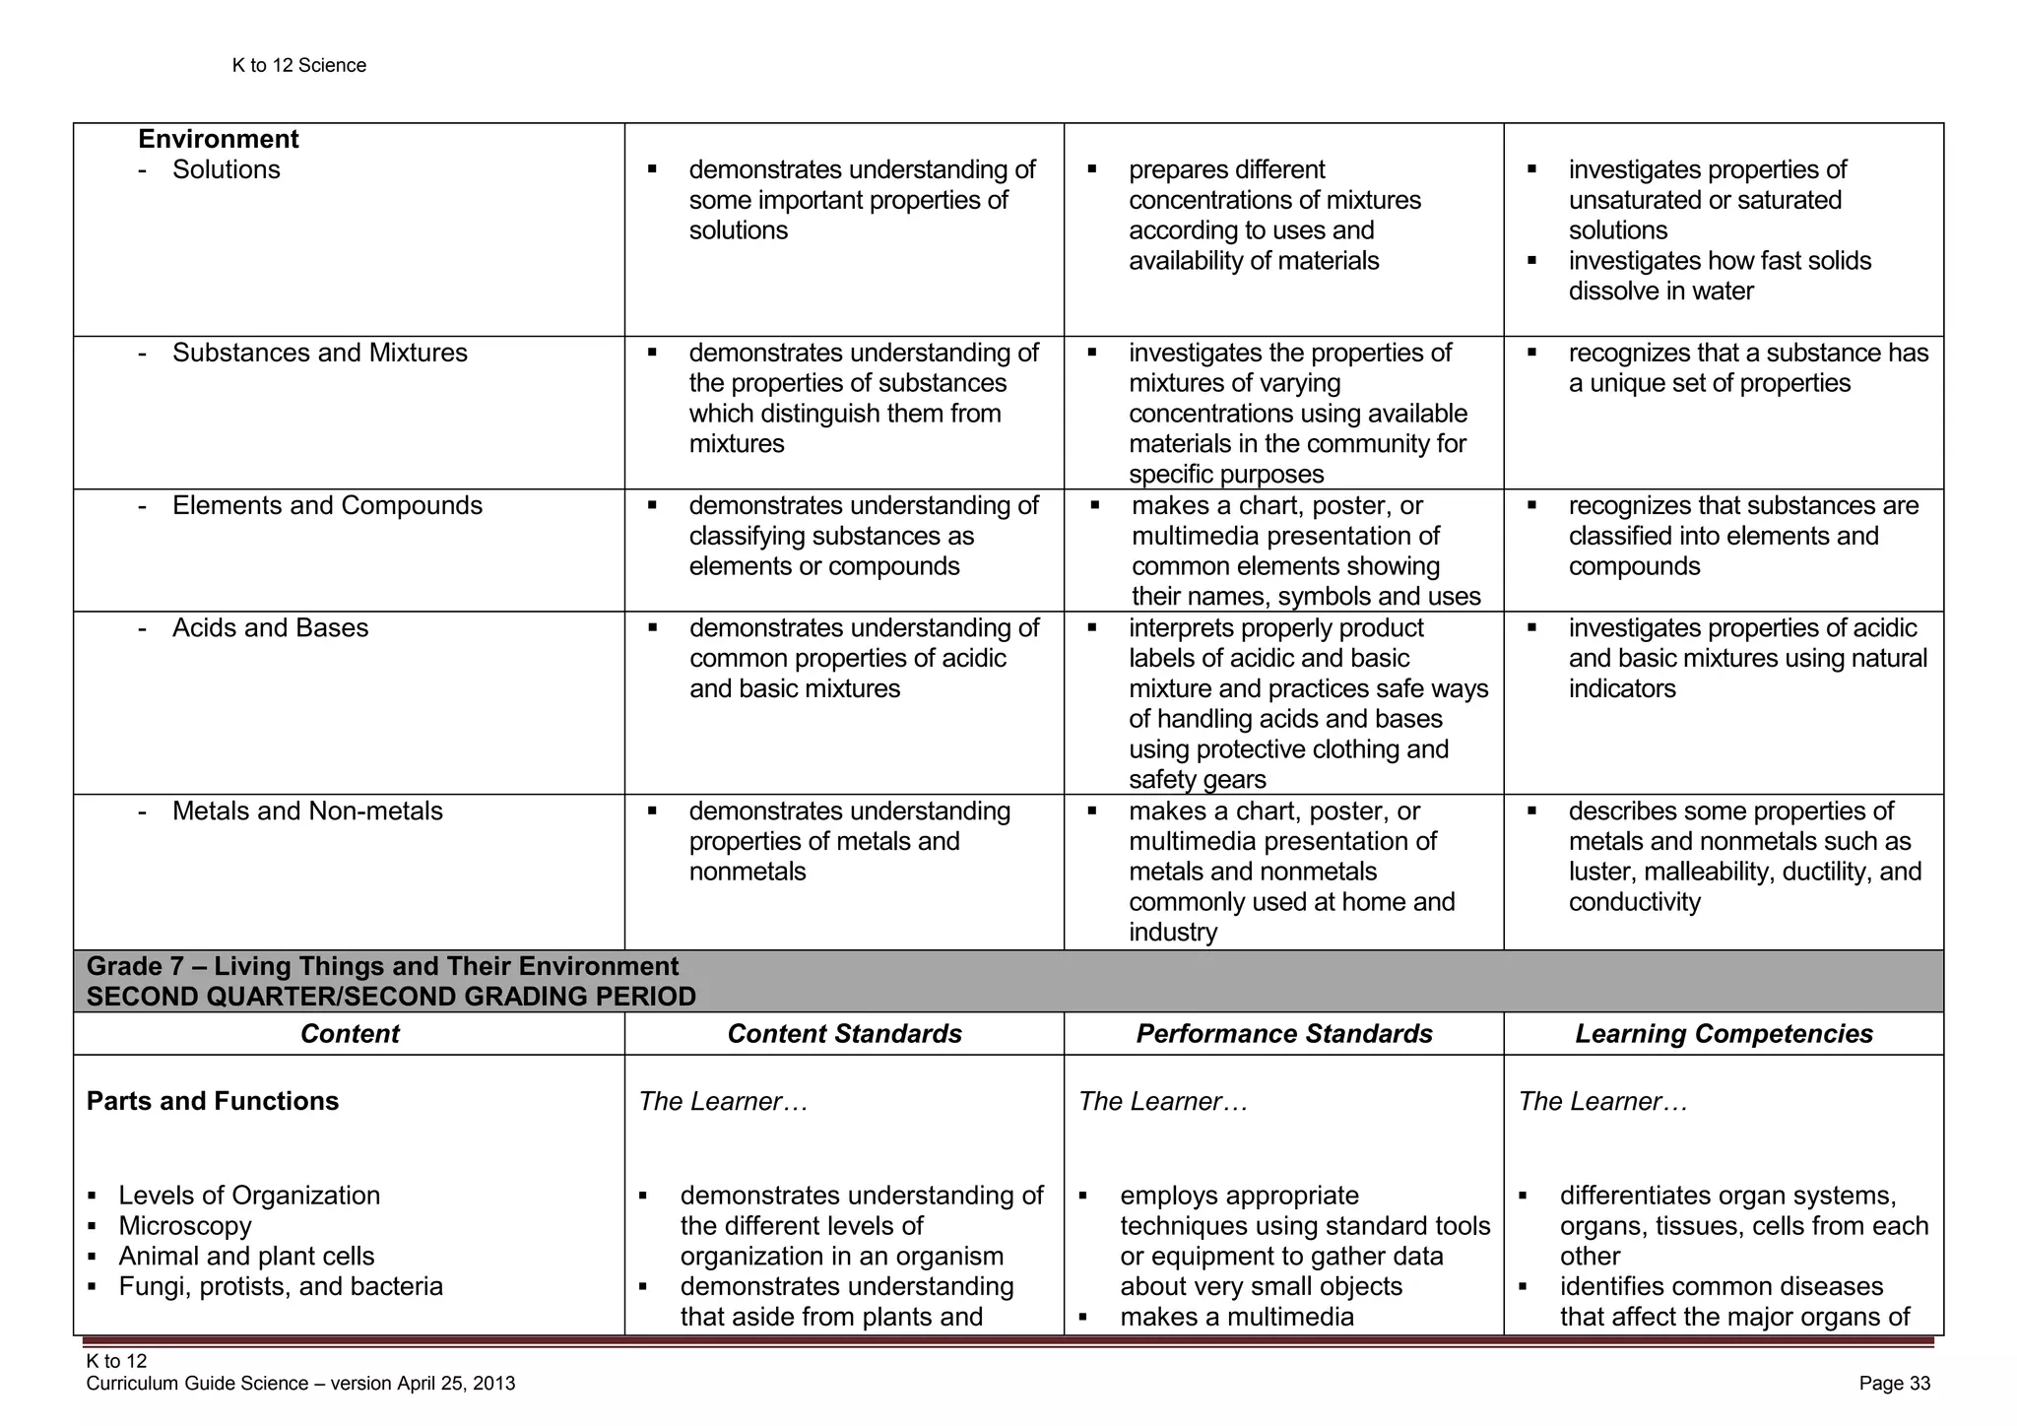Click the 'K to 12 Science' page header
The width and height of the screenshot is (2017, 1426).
click(298, 65)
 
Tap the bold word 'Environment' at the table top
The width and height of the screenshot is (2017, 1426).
click(218, 139)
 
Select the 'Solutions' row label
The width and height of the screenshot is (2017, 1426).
click(226, 169)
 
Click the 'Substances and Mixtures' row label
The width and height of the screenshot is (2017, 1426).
click(319, 353)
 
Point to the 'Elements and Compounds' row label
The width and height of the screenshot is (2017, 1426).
click(327, 505)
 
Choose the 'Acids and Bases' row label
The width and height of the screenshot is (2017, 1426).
click(270, 627)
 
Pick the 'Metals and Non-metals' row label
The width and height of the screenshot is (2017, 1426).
click(307, 810)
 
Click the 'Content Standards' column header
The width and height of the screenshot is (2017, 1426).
click(844, 1033)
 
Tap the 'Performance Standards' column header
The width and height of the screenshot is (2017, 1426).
click(1283, 1033)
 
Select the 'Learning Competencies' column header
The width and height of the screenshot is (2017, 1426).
click(1724, 1033)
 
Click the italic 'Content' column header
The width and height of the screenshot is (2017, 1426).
click(350, 1033)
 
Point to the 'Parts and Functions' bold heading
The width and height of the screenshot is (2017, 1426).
click(213, 1100)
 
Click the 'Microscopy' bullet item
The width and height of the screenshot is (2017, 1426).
click(185, 1225)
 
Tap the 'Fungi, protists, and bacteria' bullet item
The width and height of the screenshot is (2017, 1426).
click(281, 1286)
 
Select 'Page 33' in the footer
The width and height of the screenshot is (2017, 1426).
click(1894, 1383)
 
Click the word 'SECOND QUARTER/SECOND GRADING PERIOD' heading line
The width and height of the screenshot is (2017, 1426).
click(391, 997)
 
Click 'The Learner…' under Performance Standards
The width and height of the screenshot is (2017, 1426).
click(1163, 1101)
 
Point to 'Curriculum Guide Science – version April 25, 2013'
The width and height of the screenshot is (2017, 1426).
click(300, 1383)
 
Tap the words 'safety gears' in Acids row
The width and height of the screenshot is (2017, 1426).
click(1197, 780)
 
